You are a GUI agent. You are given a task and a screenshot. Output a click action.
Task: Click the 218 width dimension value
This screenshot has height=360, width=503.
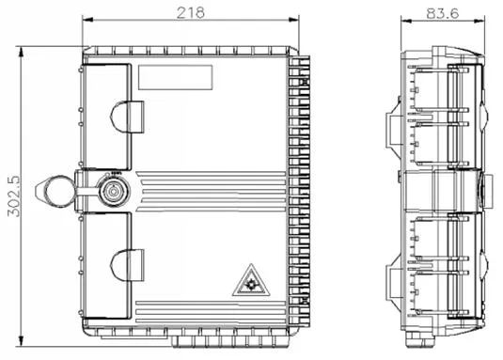pyautogui.click(x=191, y=13)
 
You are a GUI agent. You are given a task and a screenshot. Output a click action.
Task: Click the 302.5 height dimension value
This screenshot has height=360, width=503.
pyautogui.click(x=14, y=196)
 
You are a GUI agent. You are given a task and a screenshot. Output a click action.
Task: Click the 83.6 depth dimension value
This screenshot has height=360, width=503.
pyautogui.click(x=443, y=13)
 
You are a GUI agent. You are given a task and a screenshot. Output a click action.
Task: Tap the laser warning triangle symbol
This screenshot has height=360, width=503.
pyautogui.click(x=251, y=280)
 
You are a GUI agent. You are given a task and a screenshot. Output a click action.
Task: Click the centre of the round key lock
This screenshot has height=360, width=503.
pyautogui.click(x=114, y=192)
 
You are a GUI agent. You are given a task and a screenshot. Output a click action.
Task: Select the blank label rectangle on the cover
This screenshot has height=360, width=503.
pyautogui.click(x=176, y=77)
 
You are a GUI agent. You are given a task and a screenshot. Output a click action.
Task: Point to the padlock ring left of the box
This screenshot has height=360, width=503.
pyautogui.click(x=58, y=192)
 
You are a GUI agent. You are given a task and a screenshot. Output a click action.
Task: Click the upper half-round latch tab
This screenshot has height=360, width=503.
pyautogui.click(x=127, y=117)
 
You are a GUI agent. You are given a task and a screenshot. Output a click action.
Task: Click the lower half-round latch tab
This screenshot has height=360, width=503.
pyautogui.click(x=127, y=265)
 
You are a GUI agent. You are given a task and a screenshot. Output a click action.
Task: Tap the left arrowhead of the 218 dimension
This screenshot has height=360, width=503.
pyautogui.click(x=87, y=20)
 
